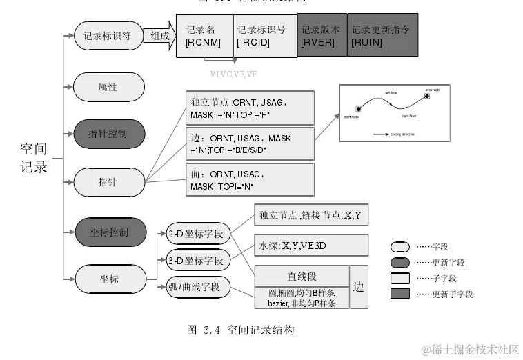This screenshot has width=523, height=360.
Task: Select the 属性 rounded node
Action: [x=108, y=87]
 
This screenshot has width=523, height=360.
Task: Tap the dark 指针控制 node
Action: [x=108, y=133]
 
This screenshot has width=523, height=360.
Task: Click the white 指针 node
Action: [x=108, y=182]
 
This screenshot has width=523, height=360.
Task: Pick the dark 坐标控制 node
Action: [x=108, y=232]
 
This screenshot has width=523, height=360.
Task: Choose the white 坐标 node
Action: [x=108, y=279]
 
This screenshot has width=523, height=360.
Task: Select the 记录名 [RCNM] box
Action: [x=205, y=36]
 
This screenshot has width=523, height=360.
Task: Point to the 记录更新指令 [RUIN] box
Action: [x=382, y=36]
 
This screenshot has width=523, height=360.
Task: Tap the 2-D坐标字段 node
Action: [x=198, y=234]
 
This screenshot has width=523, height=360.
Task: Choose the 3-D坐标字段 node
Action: [x=198, y=261]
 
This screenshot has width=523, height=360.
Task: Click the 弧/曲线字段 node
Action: [x=198, y=286]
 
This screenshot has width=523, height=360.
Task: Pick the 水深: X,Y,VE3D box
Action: [x=308, y=245]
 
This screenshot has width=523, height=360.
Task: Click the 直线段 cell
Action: [x=302, y=277]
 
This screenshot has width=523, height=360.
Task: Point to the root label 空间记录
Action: [x=33, y=158]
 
